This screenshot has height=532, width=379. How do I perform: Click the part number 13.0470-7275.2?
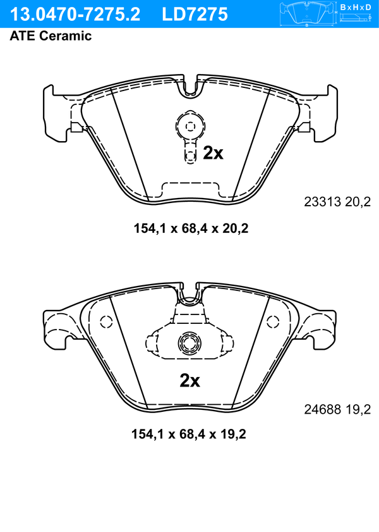pos(75,15)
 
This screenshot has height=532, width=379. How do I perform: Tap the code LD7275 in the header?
pos(195,15)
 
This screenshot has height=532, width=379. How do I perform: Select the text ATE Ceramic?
pos(51,35)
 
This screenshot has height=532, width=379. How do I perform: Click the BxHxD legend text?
pos(356,7)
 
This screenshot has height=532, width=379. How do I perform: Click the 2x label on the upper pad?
pos(213,153)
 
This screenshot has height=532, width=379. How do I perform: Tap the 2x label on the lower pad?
pos(189,381)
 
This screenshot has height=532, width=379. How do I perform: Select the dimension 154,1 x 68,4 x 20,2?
pos(191,228)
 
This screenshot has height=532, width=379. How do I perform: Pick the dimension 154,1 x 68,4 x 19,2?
pos(189,434)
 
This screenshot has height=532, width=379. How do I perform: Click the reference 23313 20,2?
pos(337,202)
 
